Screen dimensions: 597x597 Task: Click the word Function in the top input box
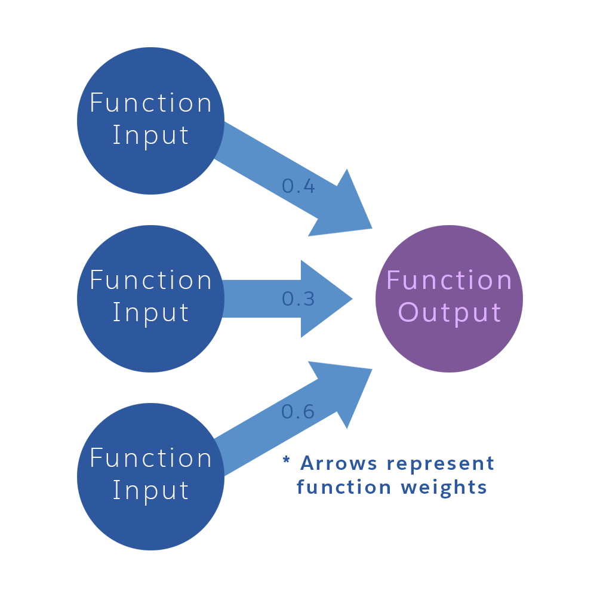150,103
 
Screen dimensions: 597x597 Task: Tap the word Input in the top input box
150,136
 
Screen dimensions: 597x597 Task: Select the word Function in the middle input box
150,281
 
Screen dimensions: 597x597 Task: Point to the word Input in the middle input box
150,313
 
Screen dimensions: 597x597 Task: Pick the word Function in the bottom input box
150,458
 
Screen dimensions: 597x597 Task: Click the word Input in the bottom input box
150,491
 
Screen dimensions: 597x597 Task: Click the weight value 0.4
298,187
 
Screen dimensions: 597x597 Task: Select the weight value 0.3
298,299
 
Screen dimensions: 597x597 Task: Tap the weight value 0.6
298,412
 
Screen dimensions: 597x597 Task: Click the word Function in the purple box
449,281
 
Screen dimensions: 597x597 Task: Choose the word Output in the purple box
449,313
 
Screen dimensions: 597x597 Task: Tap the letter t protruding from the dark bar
491,464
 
